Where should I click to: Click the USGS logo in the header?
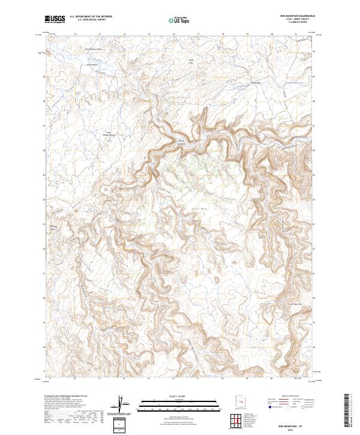55,19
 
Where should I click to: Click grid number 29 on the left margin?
43,77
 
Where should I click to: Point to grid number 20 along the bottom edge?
271,379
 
